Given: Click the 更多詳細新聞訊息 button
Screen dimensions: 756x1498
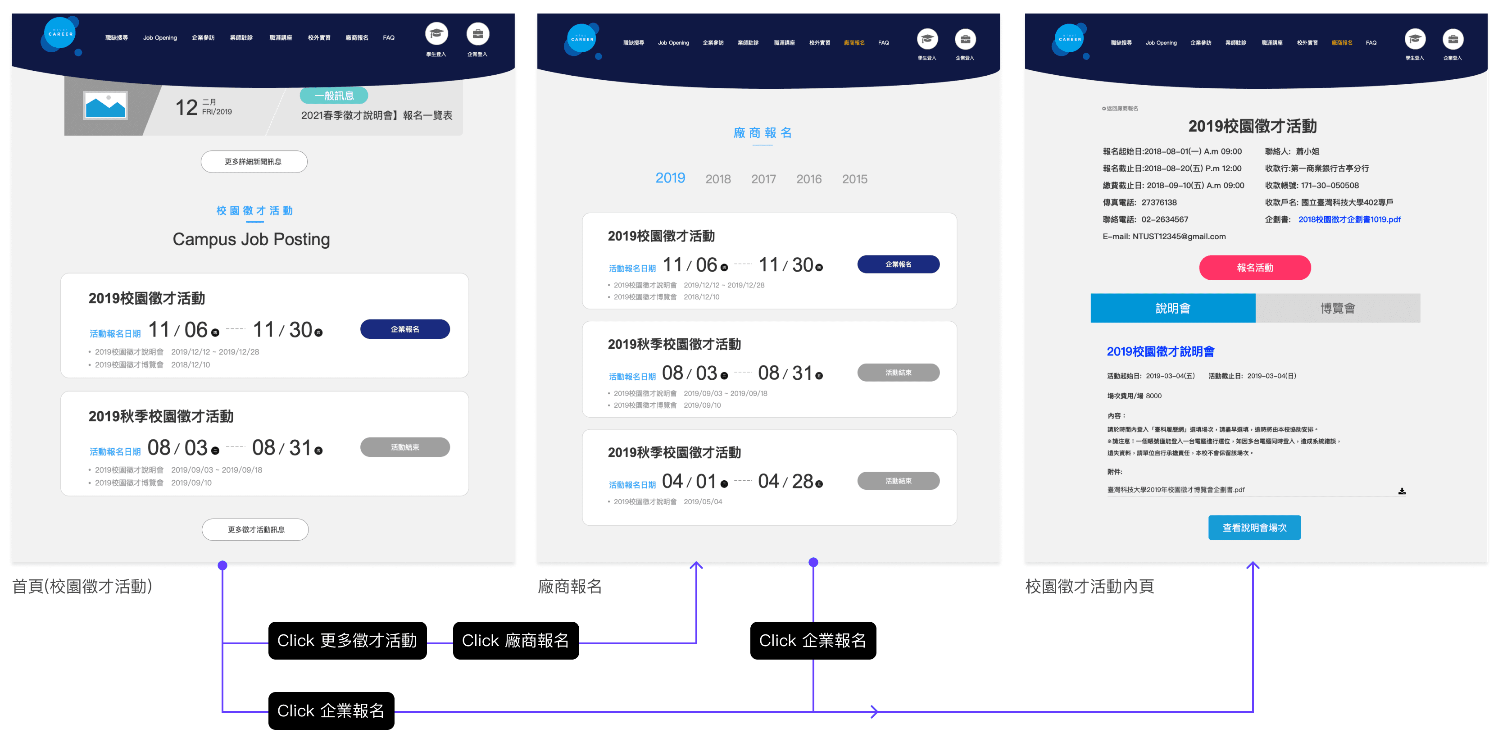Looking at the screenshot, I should (x=254, y=162).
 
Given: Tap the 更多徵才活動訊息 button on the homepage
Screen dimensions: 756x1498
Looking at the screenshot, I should (x=255, y=529).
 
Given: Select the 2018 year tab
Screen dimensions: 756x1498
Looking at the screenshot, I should (x=717, y=179).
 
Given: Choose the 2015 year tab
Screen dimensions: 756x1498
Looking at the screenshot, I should (x=854, y=179).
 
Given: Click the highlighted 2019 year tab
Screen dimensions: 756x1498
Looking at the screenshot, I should (x=670, y=178).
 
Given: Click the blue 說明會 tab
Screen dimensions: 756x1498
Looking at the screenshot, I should (x=1172, y=308).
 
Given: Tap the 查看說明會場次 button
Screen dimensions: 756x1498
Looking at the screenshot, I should (x=1254, y=528).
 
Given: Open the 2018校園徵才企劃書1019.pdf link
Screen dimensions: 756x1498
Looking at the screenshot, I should (x=1349, y=219).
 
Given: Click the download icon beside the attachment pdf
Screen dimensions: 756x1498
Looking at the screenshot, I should (x=1402, y=491).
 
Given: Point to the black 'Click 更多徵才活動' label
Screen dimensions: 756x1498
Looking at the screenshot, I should (x=347, y=640).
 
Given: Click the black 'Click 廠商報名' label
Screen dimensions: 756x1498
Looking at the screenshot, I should (x=515, y=640).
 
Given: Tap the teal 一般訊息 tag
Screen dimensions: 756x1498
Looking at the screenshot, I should (x=334, y=96).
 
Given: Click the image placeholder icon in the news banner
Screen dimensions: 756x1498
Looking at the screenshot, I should (x=105, y=106).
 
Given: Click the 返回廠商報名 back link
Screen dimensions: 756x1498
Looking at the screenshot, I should (x=1120, y=108).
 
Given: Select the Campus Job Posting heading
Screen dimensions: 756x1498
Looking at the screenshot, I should (x=251, y=239).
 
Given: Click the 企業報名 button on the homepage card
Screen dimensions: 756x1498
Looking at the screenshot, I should (x=405, y=329).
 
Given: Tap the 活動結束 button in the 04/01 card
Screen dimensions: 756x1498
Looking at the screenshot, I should (x=898, y=481).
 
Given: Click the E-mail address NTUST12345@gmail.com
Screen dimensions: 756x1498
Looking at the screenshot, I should (x=1179, y=236).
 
